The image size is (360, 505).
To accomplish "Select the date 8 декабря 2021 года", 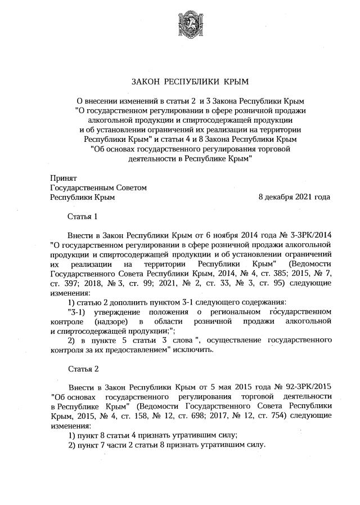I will coord(294,197).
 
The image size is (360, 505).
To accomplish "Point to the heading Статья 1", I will coord(83,216).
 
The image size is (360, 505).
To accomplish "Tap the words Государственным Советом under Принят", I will coord(98,187).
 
